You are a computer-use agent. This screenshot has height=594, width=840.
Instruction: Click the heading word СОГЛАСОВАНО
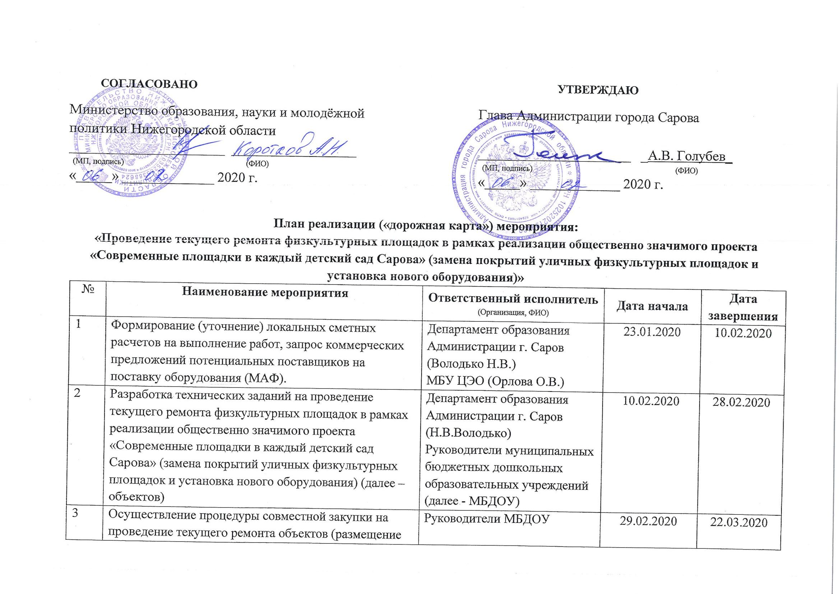pyautogui.click(x=149, y=83)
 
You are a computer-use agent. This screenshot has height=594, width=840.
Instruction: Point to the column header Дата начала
pyautogui.click(x=652, y=307)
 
